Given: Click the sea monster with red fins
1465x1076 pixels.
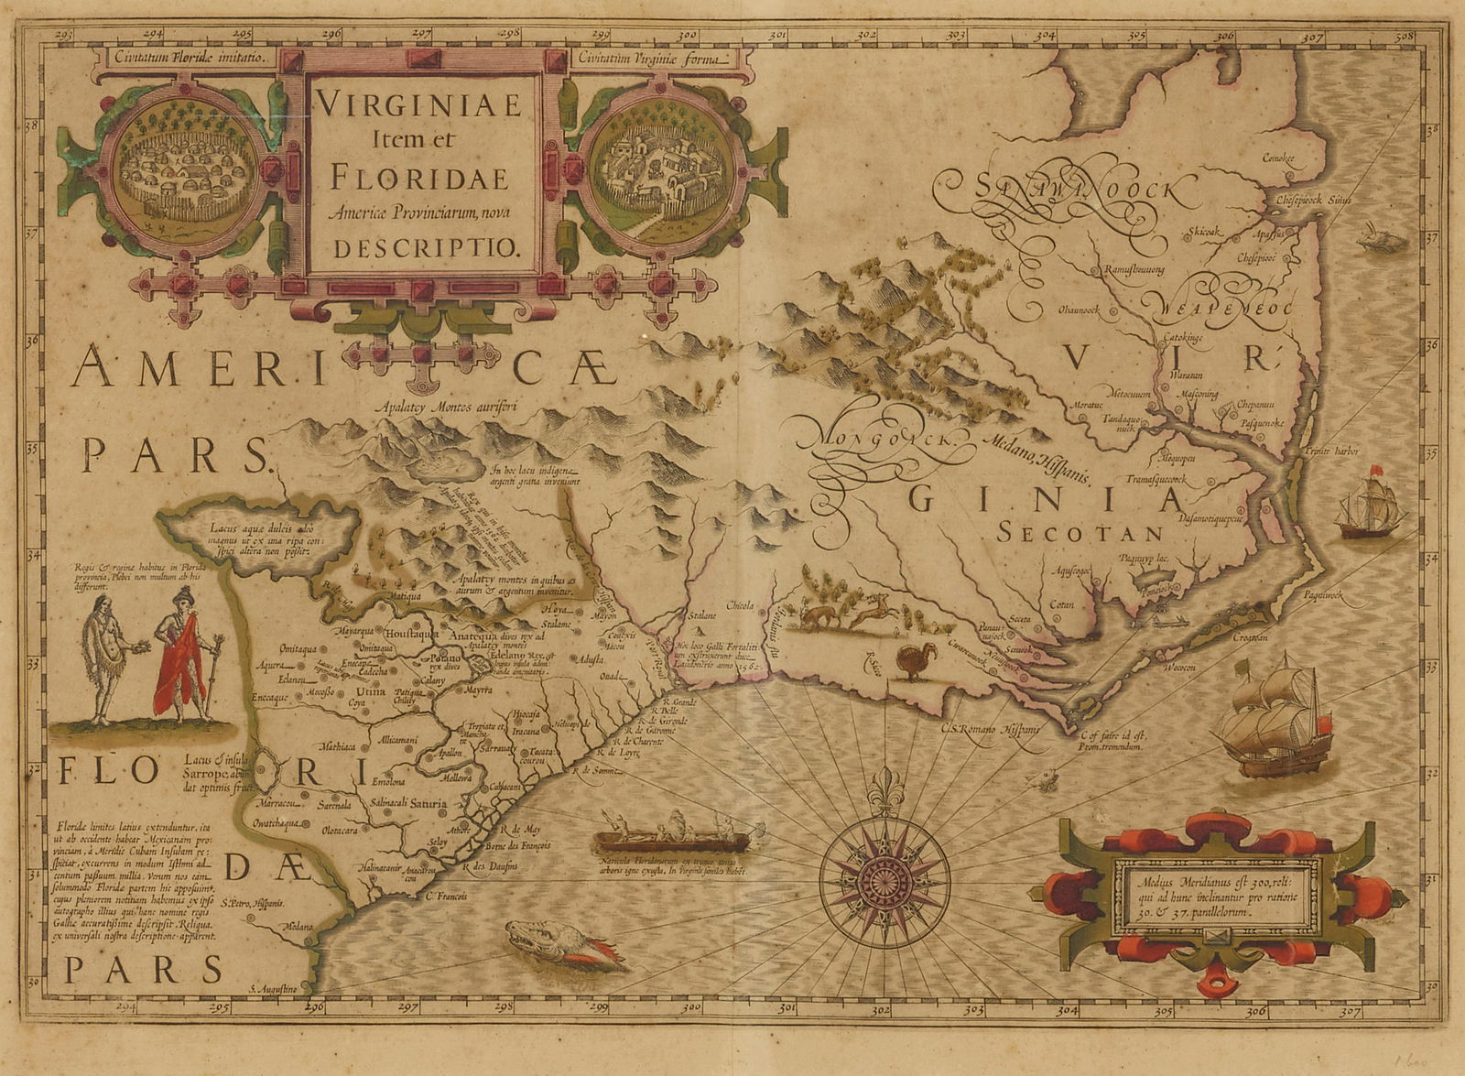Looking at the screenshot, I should point(561,944).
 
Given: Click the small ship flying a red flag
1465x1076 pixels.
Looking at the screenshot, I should point(1370,508).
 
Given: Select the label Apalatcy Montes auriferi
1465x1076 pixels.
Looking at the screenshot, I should point(452,410).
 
